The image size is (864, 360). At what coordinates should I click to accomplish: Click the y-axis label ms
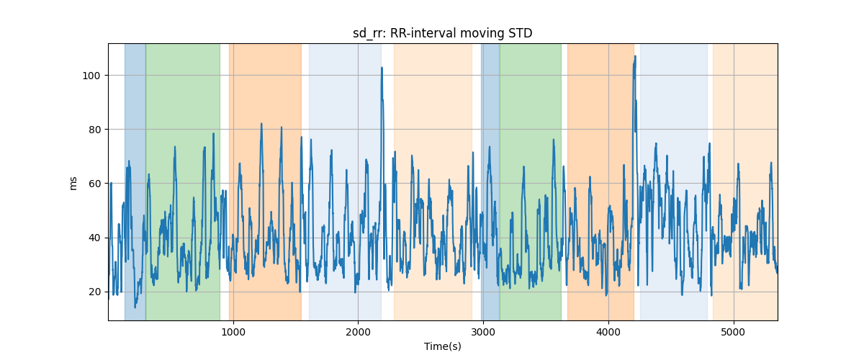pos(73,182)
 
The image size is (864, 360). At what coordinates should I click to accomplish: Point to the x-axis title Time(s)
pos(442,346)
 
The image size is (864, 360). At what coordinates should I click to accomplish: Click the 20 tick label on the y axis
pos(94,292)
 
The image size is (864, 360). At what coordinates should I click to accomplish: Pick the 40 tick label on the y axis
pos(94,238)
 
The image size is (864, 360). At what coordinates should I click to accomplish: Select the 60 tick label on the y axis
pos(94,184)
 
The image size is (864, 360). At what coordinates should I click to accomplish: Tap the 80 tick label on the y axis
pos(94,130)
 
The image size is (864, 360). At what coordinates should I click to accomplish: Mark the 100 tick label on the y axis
pos(91,76)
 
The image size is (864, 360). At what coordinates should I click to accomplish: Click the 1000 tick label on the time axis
pos(233,333)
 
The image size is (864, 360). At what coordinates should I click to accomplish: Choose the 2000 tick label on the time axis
pos(358,333)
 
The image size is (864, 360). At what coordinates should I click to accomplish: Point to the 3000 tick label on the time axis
pos(483,333)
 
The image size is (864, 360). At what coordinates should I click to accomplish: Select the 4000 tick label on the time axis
pos(608,333)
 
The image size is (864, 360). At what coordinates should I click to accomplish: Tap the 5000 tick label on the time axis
pos(734,333)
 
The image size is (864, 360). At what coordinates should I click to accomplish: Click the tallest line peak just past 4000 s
pos(634,57)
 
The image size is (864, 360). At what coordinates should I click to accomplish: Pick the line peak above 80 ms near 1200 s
pos(261,124)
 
